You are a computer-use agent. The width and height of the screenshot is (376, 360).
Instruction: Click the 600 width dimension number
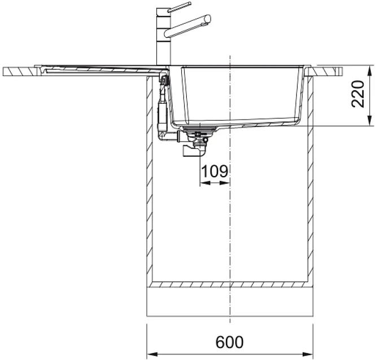coord(229,342)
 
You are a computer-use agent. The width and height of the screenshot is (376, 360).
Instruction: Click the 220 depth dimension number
coord(357,94)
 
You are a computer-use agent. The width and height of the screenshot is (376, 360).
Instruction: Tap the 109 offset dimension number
coord(215,171)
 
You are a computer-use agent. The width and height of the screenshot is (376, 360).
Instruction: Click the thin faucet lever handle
coord(179,7)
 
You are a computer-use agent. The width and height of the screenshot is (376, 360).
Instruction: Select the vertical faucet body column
coord(163,37)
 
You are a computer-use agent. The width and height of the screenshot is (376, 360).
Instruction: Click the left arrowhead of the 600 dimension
coord(152,354)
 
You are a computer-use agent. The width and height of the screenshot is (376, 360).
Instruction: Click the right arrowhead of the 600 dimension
coord(308,354)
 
